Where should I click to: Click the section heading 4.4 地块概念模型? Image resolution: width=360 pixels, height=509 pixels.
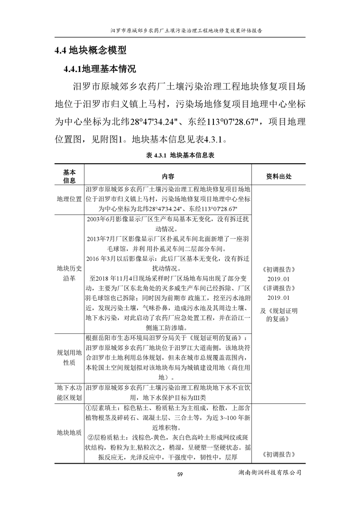coord(90,50)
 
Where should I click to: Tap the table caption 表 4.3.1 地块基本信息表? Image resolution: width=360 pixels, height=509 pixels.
coord(180,155)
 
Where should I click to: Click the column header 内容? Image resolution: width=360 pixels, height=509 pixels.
coord(168,176)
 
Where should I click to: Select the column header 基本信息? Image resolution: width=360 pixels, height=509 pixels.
coord(69,176)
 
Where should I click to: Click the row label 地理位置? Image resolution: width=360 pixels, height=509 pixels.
coord(69,199)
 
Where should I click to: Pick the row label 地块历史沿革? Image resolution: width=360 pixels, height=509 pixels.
coord(69,274)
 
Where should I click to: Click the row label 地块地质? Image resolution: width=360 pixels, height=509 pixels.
coord(69,432)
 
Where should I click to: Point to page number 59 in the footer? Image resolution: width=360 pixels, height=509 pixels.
coord(180,475)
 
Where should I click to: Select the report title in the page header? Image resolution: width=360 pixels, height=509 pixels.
coord(180,31)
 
